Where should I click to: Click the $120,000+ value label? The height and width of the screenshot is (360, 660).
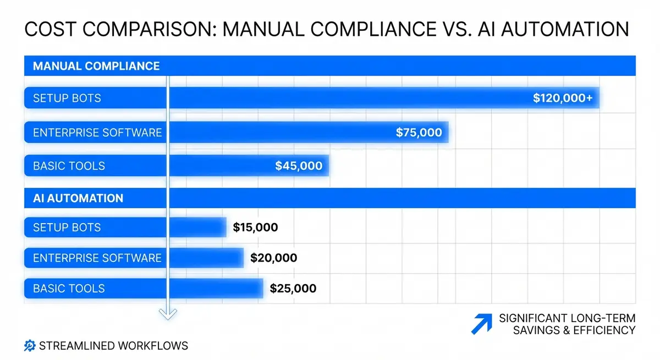(x=563, y=98)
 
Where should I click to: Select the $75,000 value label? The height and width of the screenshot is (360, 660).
(x=419, y=132)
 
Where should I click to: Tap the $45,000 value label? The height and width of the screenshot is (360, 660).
(x=299, y=165)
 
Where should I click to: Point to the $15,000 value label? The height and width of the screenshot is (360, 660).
(x=255, y=228)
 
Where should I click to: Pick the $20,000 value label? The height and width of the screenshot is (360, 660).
(x=273, y=258)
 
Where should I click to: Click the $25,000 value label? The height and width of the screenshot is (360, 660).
(x=293, y=288)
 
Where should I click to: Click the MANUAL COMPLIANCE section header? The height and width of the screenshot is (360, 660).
(x=96, y=67)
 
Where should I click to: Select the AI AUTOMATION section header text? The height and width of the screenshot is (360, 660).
(x=78, y=198)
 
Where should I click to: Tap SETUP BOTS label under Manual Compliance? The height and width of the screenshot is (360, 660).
(x=67, y=99)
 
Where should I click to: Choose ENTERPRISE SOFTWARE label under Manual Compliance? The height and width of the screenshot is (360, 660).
(x=97, y=132)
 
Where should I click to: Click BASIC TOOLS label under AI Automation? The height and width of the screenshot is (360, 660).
(x=69, y=289)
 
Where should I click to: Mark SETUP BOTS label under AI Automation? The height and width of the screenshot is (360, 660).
(x=67, y=228)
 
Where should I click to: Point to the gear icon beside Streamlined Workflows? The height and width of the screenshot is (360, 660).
(x=30, y=346)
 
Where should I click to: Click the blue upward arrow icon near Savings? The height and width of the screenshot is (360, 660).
(x=482, y=324)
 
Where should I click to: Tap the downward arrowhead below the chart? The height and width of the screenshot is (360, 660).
(x=168, y=313)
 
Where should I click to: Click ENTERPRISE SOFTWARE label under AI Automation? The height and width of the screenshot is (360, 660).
(x=97, y=258)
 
